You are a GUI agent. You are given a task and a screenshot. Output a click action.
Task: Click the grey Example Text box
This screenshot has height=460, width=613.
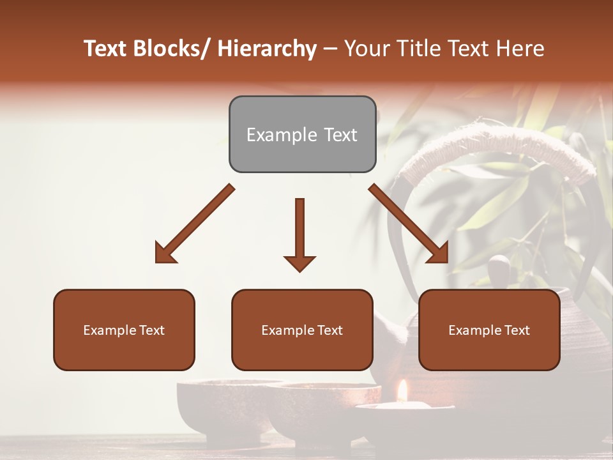pos(302,135)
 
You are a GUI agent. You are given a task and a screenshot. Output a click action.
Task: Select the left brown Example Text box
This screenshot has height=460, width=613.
pos(124,330)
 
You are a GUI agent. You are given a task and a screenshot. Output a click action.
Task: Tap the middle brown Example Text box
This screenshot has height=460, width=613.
pos(302,330)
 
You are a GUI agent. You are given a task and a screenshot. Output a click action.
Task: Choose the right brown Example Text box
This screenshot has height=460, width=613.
pos(489,330)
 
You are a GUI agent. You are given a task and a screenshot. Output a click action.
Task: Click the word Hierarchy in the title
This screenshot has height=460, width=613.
pos(267,49)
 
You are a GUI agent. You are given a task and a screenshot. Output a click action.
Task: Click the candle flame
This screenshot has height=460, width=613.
pos(402,391)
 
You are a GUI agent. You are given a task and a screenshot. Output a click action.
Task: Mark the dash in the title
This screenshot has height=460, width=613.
pos(330,49)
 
